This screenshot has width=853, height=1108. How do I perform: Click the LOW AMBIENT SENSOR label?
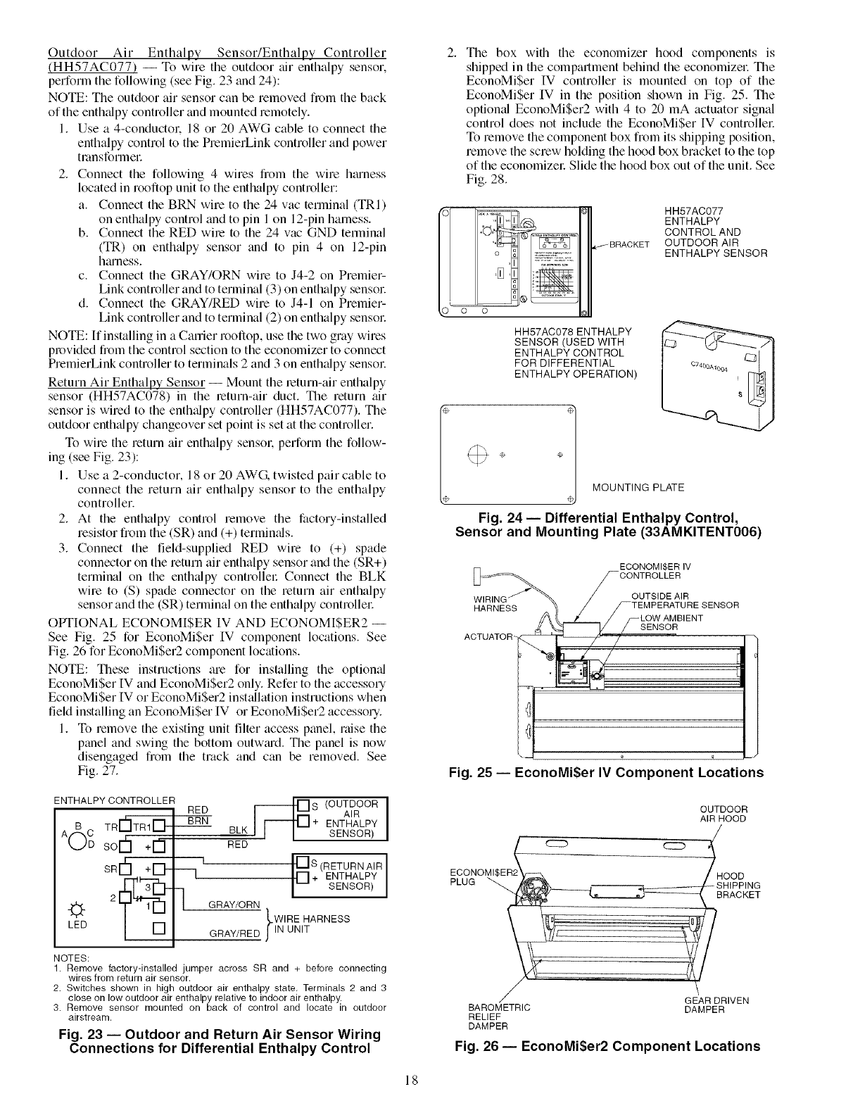coord(664,623)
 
